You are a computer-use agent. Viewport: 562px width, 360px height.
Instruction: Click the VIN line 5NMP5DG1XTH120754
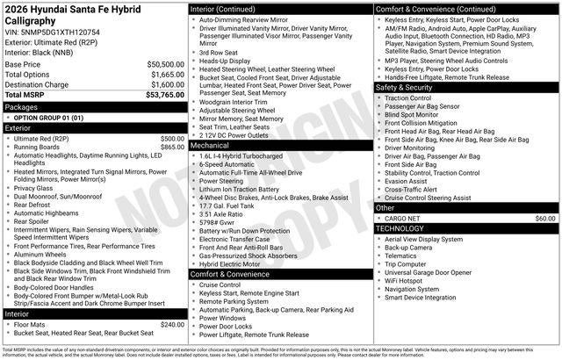pos(52,32)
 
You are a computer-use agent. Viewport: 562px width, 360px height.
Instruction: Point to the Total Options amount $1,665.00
pos(165,75)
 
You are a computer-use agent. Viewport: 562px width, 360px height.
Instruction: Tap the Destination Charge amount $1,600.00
pos(165,84)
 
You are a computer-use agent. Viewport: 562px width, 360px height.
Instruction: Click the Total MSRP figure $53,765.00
pos(164,95)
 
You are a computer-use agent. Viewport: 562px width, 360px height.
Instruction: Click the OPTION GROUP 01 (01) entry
pos(47,117)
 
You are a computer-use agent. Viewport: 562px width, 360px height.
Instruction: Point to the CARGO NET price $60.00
pos(544,217)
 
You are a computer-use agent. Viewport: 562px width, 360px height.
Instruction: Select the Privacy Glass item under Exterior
pos(33,188)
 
